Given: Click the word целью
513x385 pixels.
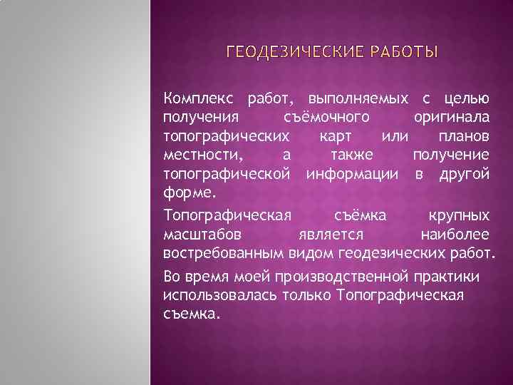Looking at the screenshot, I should [x=467, y=98].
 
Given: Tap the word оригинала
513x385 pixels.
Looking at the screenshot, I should [x=451, y=117].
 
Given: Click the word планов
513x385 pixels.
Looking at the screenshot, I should [x=465, y=135].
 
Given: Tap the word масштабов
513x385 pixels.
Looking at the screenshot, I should [x=202, y=235].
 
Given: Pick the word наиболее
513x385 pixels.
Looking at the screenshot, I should [x=455, y=235].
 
